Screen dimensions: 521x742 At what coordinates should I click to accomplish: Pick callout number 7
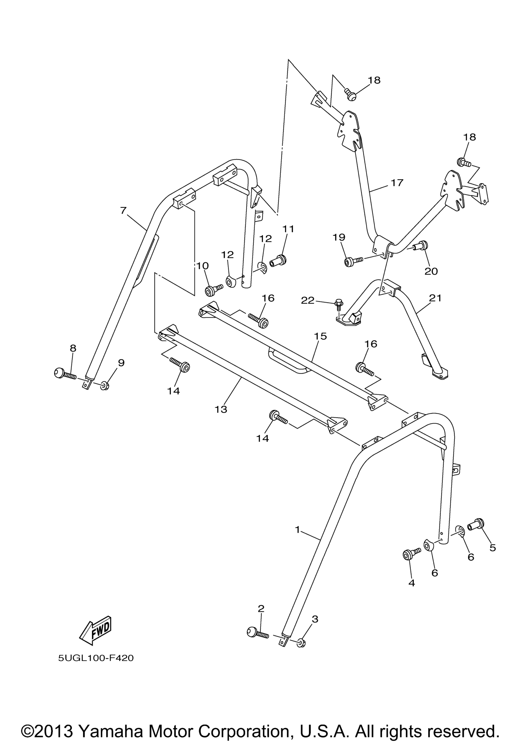pos(123,211)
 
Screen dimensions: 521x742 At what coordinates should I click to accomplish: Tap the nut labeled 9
pos(105,386)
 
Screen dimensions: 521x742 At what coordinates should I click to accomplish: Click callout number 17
pos(397,183)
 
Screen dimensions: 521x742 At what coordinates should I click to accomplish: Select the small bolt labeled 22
pos(339,305)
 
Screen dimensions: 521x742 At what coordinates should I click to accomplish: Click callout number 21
pos(435,298)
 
